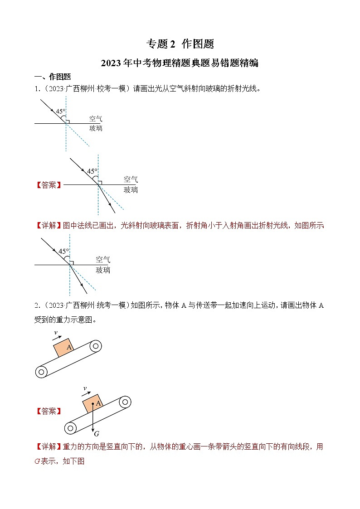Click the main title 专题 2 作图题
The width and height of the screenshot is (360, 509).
click(180, 44)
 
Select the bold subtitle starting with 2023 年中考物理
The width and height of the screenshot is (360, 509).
click(180, 63)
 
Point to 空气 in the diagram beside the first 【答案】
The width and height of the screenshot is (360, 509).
click(131, 179)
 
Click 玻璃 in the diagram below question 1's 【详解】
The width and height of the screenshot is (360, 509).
click(102, 270)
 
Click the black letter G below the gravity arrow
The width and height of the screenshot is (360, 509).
click(97, 434)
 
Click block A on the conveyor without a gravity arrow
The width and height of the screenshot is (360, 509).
click(63, 348)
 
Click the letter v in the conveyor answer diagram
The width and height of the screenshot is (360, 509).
click(84, 388)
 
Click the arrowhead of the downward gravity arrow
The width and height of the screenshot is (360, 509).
click(92, 428)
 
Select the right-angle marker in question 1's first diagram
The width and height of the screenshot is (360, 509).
click(68, 121)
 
